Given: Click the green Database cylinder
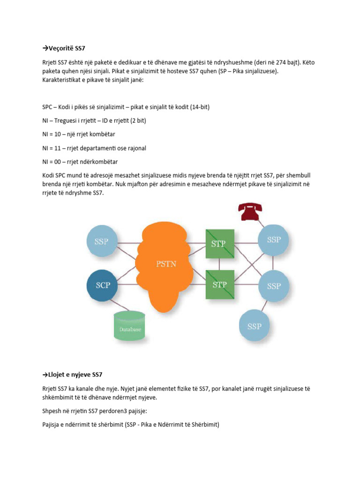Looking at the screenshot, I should (x=130, y=326).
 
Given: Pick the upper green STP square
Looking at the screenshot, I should (x=220, y=244).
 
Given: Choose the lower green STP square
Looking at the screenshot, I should (x=220, y=285).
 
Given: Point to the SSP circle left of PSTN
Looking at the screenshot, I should (x=101, y=242).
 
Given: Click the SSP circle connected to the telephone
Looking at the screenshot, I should (x=274, y=240).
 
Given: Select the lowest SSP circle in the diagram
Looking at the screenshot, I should (x=255, y=326).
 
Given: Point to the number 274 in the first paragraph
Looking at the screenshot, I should (x=286, y=62).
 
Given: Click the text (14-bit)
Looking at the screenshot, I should (x=200, y=107).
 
